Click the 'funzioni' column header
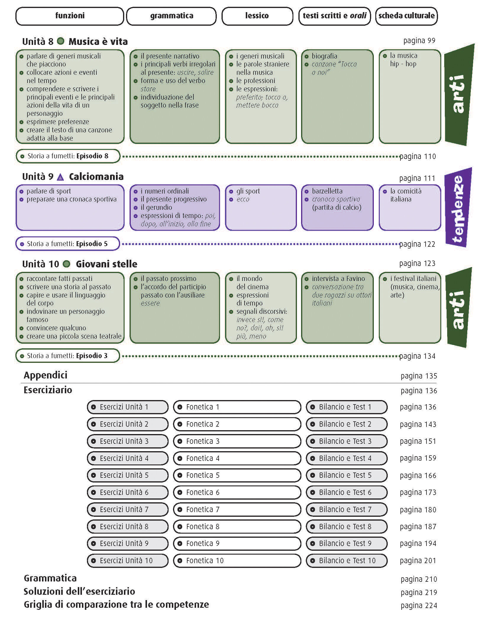coord(70,16)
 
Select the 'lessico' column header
coord(257,16)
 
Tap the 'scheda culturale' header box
coord(406,16)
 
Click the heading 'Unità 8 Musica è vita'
coord(75,41)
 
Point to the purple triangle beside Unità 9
coord(60,177)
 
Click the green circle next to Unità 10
coord(67,264)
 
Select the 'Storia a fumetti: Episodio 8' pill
coord(68,156)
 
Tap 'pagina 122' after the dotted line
coord(417,244)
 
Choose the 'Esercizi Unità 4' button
coord(127,458)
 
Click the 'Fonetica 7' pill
coord(237,510)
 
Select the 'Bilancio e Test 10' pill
coord(347,561)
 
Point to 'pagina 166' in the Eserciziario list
coord(418,475)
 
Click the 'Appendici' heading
coord(46,375)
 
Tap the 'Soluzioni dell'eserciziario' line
coord(79,592)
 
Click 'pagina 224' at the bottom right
coord(419,606)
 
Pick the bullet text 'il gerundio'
coord(156,207)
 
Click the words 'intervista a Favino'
coord(338,279)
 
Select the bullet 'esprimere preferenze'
coord(58,122)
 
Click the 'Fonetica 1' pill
coord(237,407)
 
